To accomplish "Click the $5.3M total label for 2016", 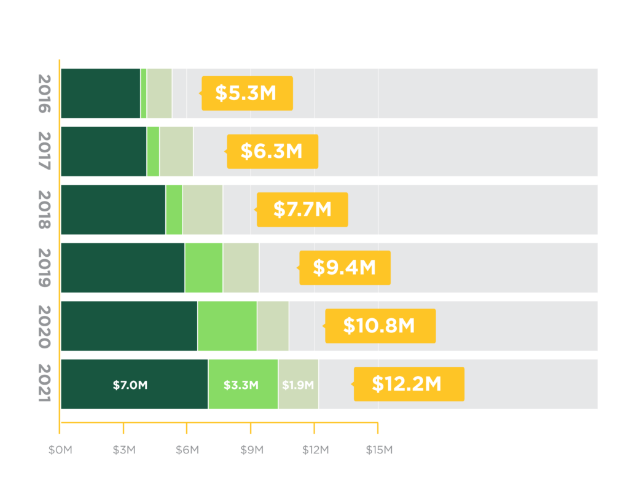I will [x=247, y=93].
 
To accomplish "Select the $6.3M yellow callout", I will [x=272, y=151].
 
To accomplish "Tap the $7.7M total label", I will [x=302, y=210].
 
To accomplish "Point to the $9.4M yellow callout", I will [x=345, y=268].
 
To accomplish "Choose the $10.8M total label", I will [x=380, y=326].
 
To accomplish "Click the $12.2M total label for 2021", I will [x=408, y=384].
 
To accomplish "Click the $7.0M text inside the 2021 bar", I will [x=130, y=385].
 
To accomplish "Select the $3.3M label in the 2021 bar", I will [x=241, y=385].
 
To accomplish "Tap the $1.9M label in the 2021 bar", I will [x=298, y=385].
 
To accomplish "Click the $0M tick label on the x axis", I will [x=60, y=450].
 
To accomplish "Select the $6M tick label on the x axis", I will [x=187, y=450].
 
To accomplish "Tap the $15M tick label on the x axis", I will [x=378, y=450].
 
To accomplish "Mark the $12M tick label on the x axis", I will [x=315, y=450].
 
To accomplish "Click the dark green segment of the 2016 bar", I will [x=101, y=93].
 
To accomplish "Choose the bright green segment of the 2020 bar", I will [x=227, y=326].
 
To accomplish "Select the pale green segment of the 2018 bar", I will [x=203, y=210].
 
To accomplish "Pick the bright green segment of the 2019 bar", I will [x=204, y=268].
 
